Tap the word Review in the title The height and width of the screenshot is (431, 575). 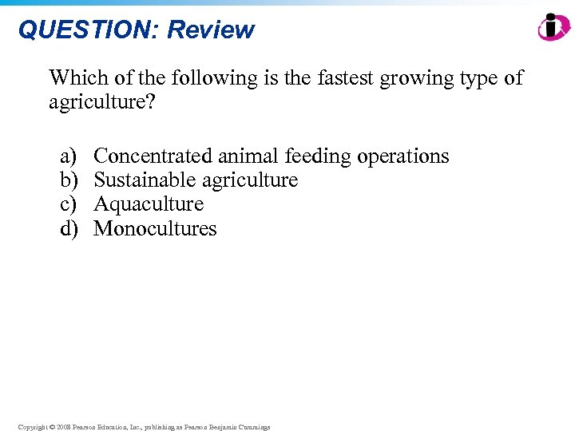click(x=211, y=30)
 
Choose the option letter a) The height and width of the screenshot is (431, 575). click(x=69, y=156)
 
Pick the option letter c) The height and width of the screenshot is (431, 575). click(x=69, y=204)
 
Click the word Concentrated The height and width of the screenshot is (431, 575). click(x=153, y=156)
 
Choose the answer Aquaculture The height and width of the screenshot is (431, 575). click(x=149, y=204)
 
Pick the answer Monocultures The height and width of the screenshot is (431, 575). click(x=155, y=229)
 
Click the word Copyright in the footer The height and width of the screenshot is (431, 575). click(x=33, y=427)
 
